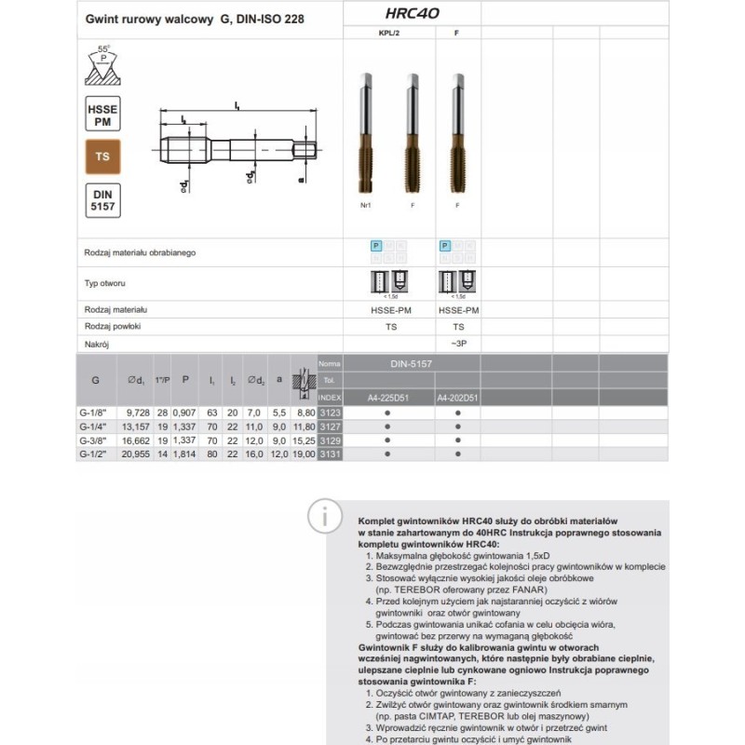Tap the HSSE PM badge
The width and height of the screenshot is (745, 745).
click(102, 113)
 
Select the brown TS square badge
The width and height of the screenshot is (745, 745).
click(102, 156)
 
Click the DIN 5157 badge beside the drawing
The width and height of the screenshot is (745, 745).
click(102, 200)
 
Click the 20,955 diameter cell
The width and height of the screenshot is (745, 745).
click(133, 454)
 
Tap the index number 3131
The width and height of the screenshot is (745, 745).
click(330, 454)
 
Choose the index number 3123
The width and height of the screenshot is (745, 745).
click(330, 412)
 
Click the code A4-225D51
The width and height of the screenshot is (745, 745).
click(388, 398)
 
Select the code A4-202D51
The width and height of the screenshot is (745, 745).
click(458, 398)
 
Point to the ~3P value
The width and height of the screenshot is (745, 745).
click(458, 345)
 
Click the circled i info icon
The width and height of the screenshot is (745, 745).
click(323, 514)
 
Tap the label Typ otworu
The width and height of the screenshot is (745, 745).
click(104, 282)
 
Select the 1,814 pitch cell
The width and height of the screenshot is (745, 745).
click(185, 454)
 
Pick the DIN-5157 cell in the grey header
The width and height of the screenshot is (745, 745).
click(411, 363)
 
